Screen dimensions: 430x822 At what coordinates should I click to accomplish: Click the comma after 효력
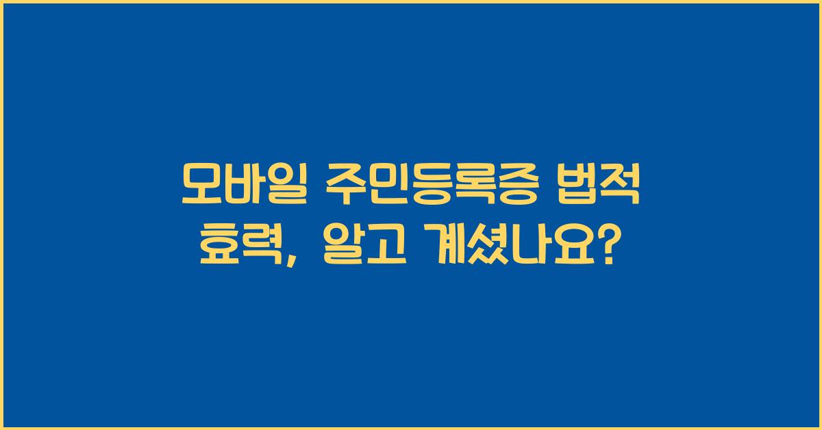coord(292,255)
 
